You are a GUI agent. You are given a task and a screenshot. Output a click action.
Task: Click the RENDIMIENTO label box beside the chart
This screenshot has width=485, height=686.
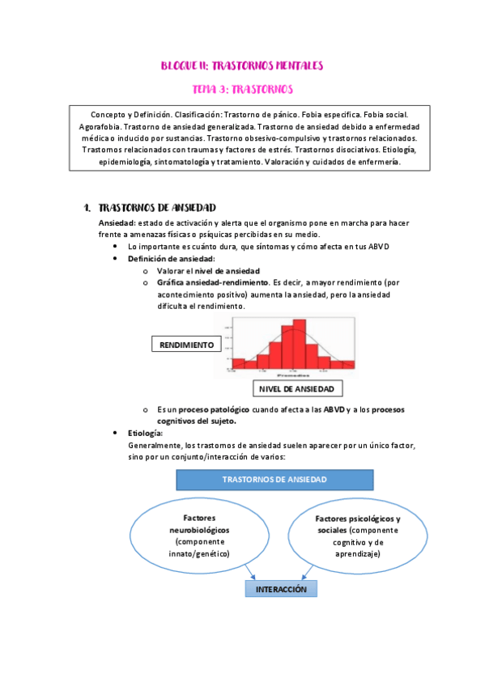pos(186,345)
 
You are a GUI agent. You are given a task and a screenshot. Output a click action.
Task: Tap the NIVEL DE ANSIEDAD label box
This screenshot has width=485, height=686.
pos(296,389)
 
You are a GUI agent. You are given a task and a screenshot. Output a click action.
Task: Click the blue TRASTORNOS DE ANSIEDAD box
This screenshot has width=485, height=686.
pos(274,480)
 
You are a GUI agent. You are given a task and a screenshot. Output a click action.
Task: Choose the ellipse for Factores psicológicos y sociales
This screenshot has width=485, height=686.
pos(357,536)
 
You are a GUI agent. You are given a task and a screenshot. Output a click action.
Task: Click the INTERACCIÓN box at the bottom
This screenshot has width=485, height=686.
pos(281,590)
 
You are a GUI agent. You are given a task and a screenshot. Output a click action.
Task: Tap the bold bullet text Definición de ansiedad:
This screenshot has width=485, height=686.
pos(170,258)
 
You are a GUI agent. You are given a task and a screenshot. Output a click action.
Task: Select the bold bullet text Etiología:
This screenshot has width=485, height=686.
pos(146,434)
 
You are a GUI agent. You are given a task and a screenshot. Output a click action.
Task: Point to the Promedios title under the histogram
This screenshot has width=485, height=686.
pos(291,376)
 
